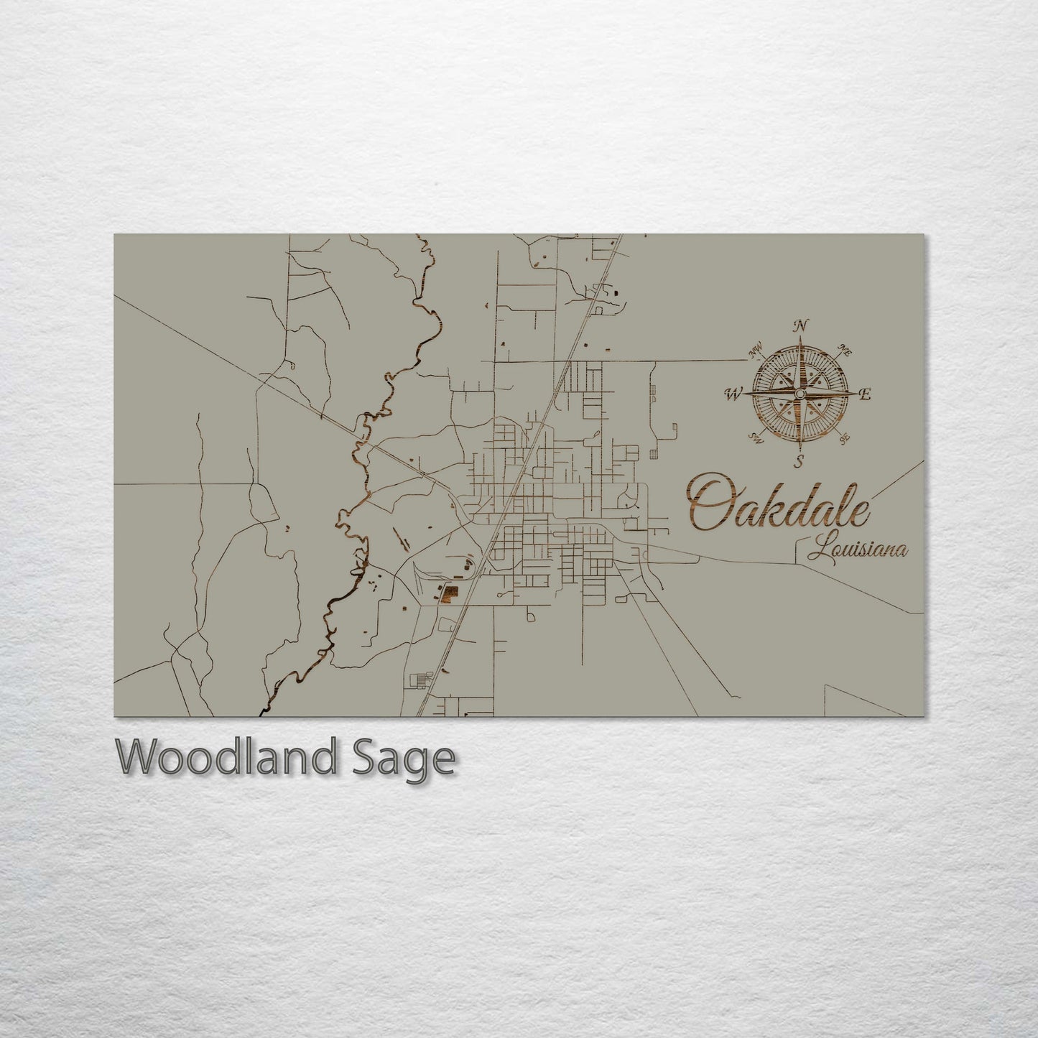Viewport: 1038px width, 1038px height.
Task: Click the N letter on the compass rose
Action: click(799, 326)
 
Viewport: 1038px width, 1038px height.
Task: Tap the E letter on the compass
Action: click(866, 394)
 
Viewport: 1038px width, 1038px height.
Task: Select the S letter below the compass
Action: click(799, 460)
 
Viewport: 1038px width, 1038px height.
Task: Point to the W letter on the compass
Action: click(733, 394)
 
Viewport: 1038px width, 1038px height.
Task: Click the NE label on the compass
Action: click(845, 352)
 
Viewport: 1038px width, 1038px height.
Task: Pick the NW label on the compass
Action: click(755, 352)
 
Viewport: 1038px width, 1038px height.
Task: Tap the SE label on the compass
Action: click(845, 436)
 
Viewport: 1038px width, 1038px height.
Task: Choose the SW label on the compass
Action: click(755, 436)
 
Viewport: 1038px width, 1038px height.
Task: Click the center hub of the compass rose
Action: click(799, 394)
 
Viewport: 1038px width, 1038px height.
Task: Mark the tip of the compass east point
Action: click(856, 394)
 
